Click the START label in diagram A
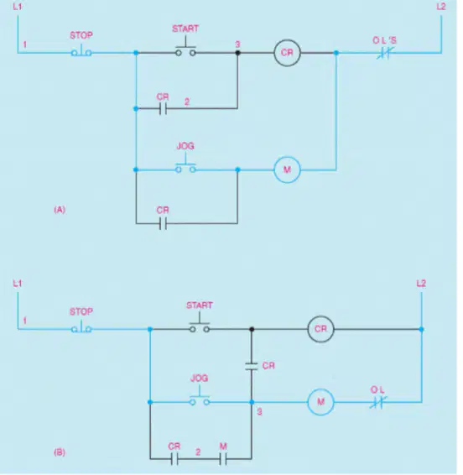[185, 29]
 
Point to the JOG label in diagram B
[200, 378]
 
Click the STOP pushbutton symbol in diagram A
[81, 51]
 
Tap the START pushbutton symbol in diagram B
[200, 324]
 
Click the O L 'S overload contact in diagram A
[384, 54]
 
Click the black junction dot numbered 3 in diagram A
[237, 53]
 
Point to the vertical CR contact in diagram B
[252, 366]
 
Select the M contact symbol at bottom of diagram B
[223, 459]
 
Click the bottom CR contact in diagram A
[163, 223]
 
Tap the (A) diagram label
[60, 210]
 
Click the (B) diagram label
[60, 452]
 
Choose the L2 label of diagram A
[441, 7]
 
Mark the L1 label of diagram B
[18, 284]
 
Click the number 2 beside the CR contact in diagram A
[187, 102]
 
